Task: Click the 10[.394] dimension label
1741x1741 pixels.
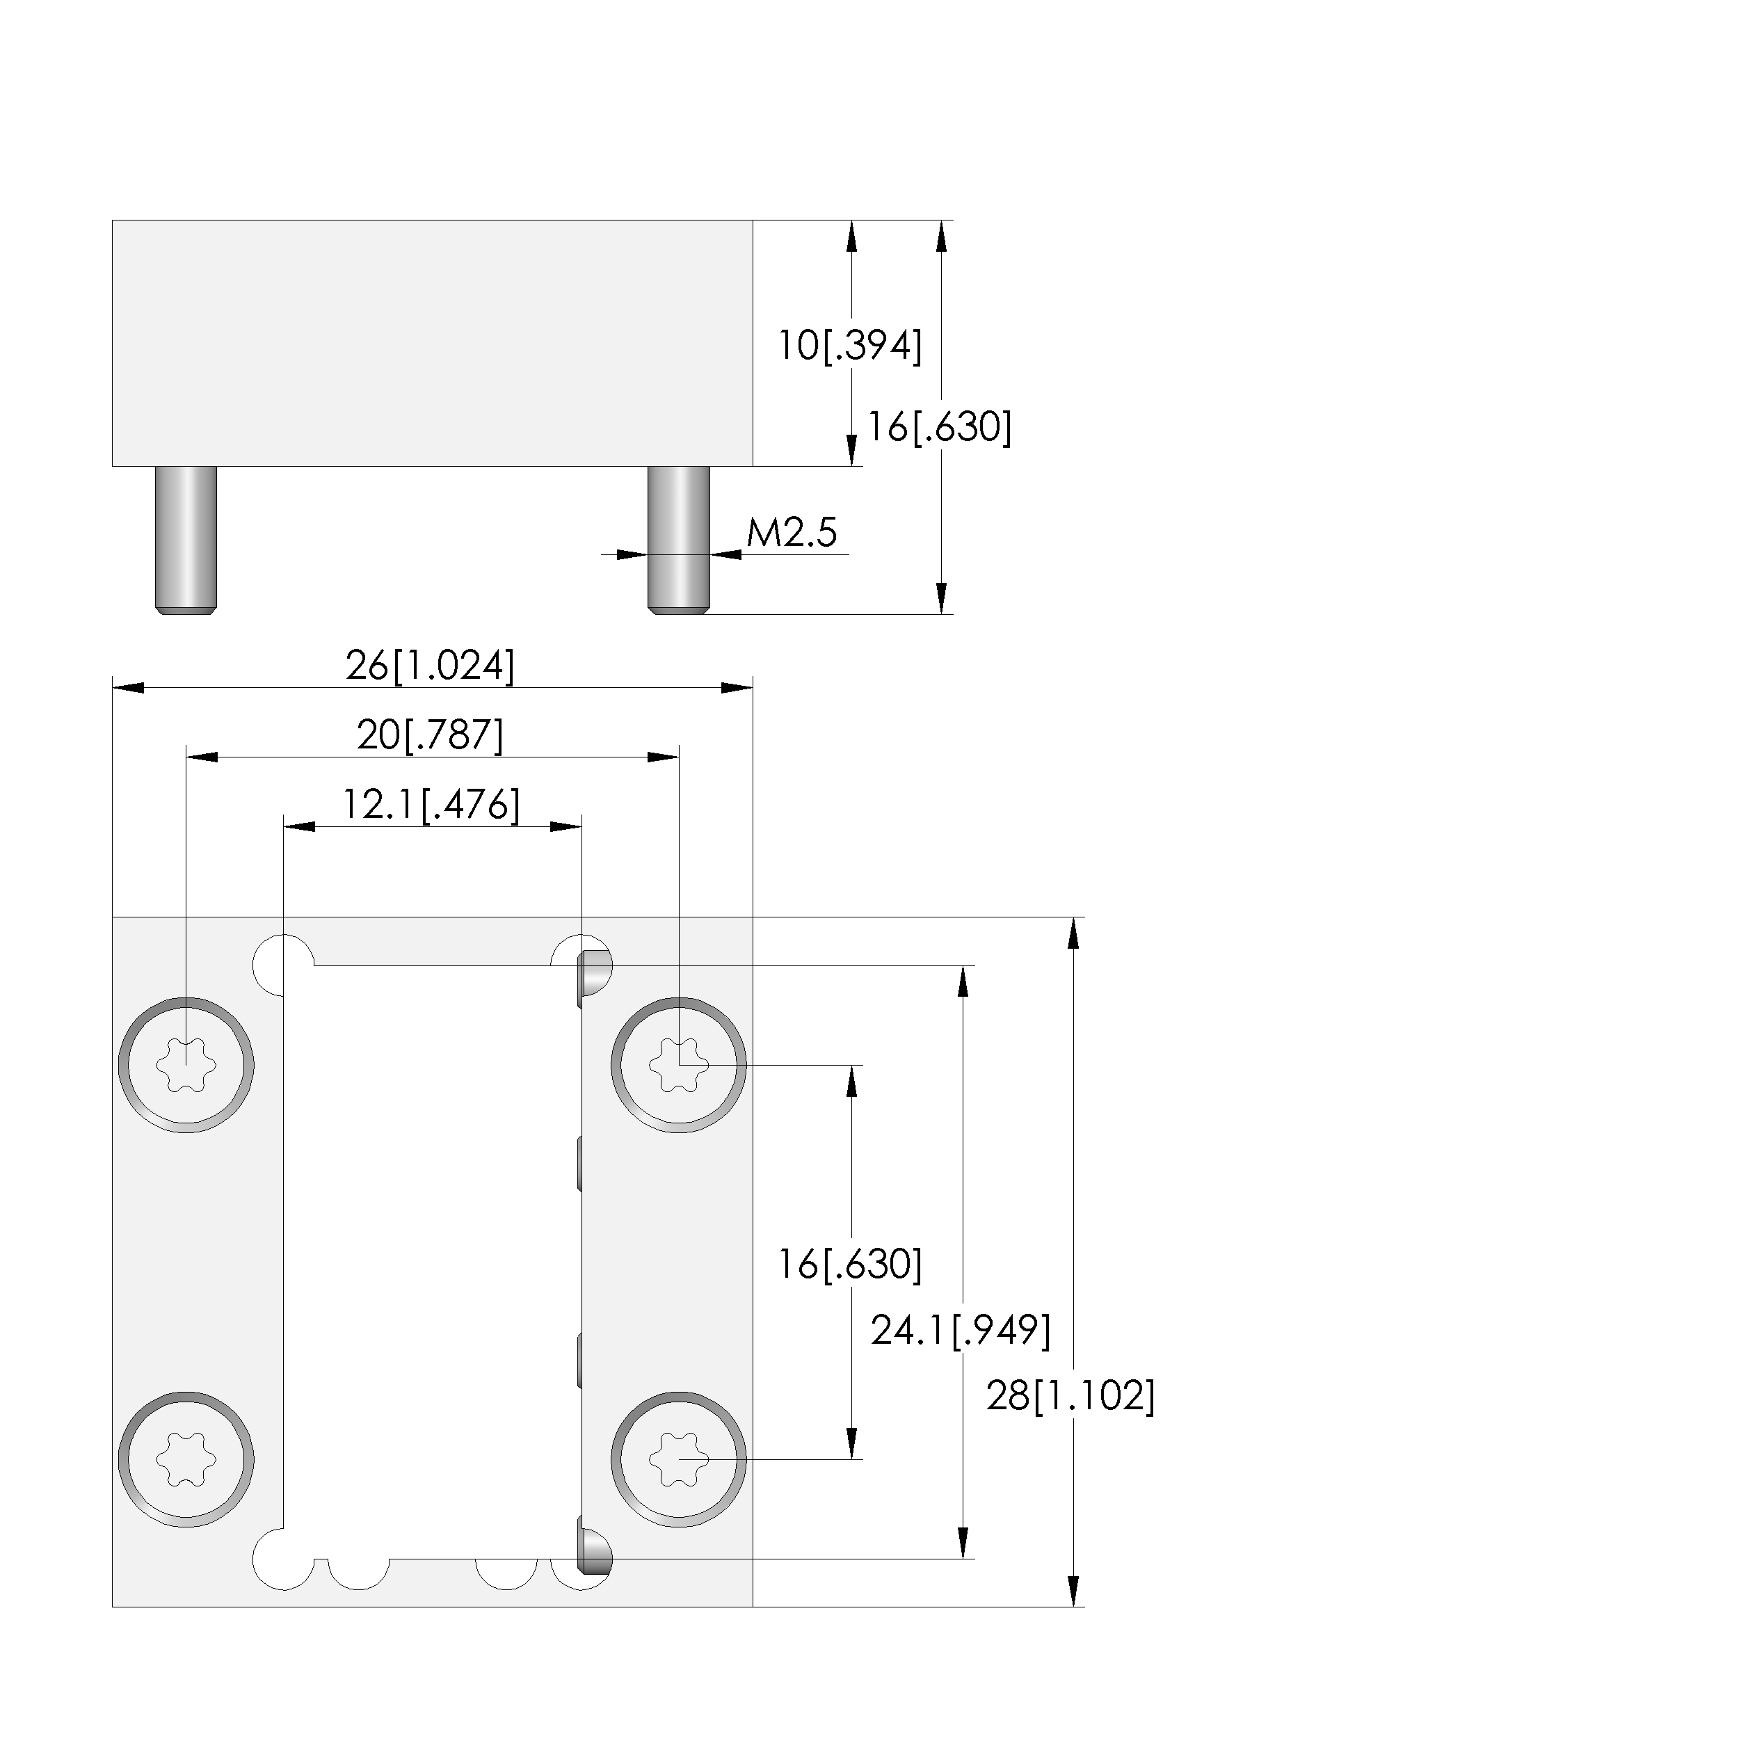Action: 850,346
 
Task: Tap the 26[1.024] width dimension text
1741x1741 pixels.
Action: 431,666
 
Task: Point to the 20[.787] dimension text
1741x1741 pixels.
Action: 431,735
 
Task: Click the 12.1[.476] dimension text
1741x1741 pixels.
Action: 431,805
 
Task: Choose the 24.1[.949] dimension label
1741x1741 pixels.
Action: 961,1330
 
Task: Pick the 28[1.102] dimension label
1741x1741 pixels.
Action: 1070,1396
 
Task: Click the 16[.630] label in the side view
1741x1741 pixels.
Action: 939,427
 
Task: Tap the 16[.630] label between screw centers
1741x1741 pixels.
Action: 850,1265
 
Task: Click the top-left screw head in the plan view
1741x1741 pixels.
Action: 186,1065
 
